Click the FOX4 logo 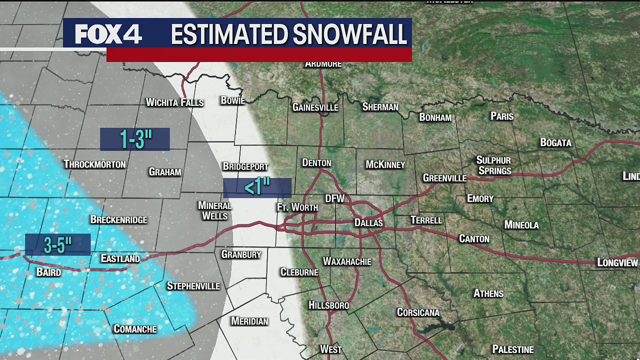(x=108, y=34)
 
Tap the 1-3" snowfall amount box (x=135, y=139)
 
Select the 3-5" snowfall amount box (x=58, y=244)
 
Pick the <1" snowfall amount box (x=257, y=187)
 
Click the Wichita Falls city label (x=174, y=102)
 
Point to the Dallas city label (x=368, y=222)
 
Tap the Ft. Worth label (x=297, y=207)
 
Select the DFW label (x=335, y=198)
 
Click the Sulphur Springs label (x=493, y=165)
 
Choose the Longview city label (x=617, y=262)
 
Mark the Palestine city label (x=513, y=349)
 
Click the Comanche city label (x=135, y=328)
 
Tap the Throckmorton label (x=94, y=164)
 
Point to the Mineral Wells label (x=214, y=210)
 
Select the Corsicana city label (x=418, y=312)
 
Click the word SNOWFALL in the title (x=349, y=34)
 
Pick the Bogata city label (x=555, y=142)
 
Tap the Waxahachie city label (x=347, y=261)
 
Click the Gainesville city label (x=315, y=107)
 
